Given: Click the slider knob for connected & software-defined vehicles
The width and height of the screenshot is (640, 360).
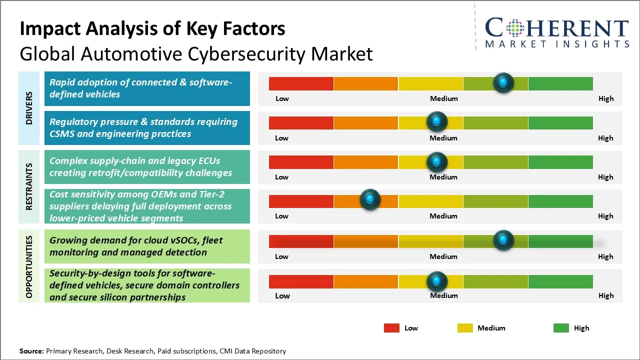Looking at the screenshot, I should pos(503,82).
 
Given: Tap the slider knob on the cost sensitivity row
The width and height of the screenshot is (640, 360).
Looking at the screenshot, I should pos(370,199).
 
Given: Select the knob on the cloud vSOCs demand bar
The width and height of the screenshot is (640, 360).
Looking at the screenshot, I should pos(503,240).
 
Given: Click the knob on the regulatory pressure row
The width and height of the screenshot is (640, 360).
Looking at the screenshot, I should pos(437,121).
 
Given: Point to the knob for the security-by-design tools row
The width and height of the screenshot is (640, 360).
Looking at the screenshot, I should pos(437,281).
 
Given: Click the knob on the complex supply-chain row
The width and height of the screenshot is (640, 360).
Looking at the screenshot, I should pos(437,161).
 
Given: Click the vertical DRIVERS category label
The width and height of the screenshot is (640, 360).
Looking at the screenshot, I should pos(29,108).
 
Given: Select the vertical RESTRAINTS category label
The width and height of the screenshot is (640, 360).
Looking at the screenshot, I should pos(29,186).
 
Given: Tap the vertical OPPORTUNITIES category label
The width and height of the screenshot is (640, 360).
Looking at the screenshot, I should pos(29,266).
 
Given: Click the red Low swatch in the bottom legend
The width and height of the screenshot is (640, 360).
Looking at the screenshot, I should pos(391,328).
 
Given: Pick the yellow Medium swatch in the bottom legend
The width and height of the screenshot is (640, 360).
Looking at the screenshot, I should pos(465,328).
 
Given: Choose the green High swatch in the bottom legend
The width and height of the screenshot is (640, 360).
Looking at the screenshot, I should pos(561,328).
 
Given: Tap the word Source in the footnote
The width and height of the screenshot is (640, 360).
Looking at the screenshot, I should pos(31,351).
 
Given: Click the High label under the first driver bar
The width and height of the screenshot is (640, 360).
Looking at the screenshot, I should pos(605,98).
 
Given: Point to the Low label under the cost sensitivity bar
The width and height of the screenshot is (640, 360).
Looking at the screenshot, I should pos(281,216).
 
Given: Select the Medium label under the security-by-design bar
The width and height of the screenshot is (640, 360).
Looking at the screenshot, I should pos(443,295).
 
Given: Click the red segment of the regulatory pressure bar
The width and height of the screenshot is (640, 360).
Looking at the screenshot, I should pos(301,122).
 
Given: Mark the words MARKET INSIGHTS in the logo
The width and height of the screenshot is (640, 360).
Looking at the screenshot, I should pos(557,44).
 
